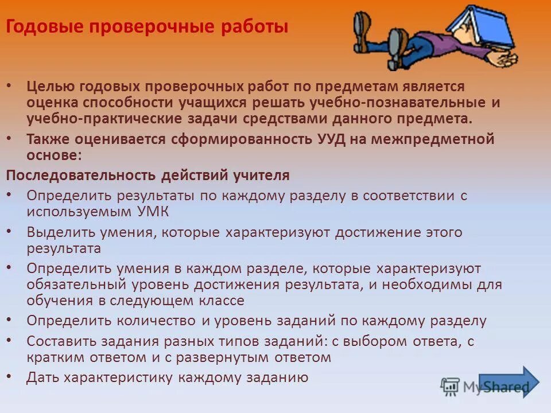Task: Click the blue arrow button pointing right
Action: coord(509,382)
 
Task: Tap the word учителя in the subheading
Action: coord(262,174)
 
